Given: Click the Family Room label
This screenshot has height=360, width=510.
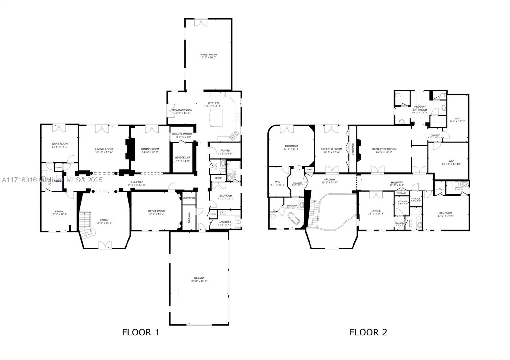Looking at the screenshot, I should tap(208, 54).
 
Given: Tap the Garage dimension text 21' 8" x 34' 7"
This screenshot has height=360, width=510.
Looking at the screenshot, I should tap(199, 281).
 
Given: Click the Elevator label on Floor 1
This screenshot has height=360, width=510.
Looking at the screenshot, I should tap(189, 198).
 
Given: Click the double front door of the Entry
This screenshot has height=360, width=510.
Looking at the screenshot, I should tap(105, 245).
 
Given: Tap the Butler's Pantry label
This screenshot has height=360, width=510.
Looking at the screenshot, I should tap(182, 134).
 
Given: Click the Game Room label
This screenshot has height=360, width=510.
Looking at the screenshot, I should tap(60, 144).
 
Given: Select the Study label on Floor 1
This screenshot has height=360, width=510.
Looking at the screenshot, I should tap(59, 211).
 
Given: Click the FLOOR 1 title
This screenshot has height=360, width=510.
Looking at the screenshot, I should tap(141, 332).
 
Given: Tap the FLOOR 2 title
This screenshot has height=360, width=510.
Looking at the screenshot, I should tap(368, 332).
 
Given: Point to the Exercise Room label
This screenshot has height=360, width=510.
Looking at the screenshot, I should tap(331, 149).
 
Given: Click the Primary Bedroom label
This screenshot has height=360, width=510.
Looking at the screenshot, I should tap(384, 149).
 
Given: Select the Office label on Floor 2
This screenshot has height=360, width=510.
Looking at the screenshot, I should tap(376, 211).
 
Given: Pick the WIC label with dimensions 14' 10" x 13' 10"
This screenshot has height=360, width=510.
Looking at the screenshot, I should tap(451, 161).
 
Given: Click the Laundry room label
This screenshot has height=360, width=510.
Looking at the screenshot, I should tap(225, 221).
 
